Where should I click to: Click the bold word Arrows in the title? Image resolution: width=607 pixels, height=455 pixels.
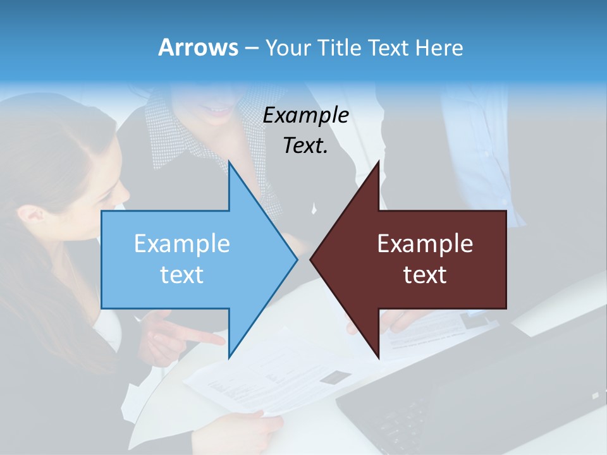click(x=197, y=47)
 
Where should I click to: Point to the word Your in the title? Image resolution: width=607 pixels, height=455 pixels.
click(x=286, y=47)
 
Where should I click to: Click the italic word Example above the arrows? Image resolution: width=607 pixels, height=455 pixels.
click(x=306, y=116)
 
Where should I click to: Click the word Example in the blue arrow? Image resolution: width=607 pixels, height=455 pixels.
click(x=182, y=244)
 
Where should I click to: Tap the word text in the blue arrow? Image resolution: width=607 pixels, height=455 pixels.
click(x=182, y=274)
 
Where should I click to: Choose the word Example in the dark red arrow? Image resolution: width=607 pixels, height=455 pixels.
click(x=425, y=244)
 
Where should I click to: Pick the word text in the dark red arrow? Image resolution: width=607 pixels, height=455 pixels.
click(x=425, y=274)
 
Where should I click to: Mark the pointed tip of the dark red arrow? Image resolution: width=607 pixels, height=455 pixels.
click(x=312, y=259)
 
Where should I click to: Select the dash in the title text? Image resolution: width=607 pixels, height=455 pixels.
click(x=250, y=48)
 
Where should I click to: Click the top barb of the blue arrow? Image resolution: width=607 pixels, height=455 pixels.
click(x=231, y=166)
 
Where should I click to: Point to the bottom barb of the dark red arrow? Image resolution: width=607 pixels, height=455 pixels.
click(x=377, y=354)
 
